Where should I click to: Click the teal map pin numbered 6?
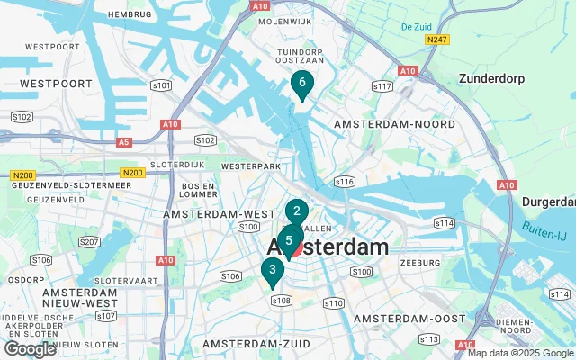(x=302, y=84)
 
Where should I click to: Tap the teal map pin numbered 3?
(x=272, y=269)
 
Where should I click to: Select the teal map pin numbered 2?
(x=297, y=212)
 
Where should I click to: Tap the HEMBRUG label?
(x=129, y=14)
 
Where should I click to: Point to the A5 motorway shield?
(x=122, y=141)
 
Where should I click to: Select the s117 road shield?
(x=383, y=86)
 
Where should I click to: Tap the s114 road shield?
(x=444, y=221)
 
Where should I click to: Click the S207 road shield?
(x=89, y=241)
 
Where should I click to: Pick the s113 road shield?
(x=429, y=338)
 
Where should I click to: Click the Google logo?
(x=30, y=349)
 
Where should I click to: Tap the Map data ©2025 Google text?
(x=520, y=353)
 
